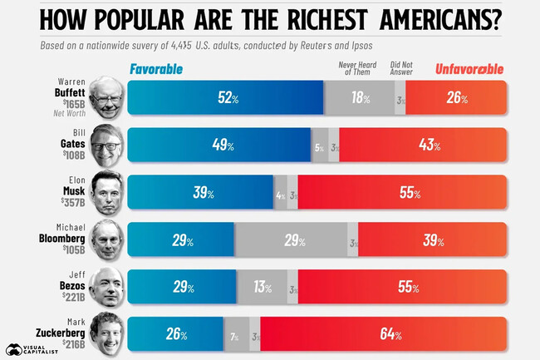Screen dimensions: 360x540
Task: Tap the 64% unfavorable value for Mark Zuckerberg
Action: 390,335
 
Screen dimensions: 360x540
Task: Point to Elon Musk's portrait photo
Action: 106,192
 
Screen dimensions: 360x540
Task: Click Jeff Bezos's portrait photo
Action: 106,287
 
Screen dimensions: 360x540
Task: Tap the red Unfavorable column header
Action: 469,69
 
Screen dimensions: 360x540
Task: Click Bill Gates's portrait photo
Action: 106,145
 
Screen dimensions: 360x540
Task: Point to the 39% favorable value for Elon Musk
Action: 204,193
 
